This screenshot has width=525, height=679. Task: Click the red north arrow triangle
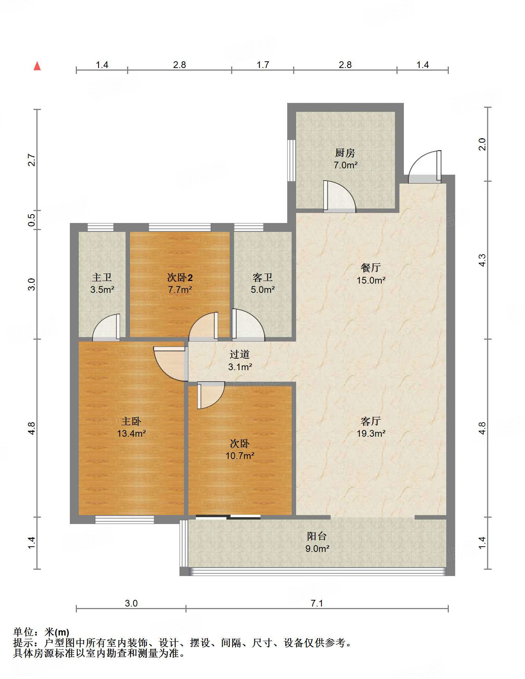coord(37,66)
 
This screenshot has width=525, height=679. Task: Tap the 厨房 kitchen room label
coord(345,153)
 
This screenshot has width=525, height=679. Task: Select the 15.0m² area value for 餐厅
coord(371,280)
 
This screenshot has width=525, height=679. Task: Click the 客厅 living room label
coord(370,421)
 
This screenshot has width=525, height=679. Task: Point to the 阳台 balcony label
coord(317,536)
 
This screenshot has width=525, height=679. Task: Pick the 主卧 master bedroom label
coord(131,421)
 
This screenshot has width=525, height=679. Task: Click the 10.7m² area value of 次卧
coord(240,456)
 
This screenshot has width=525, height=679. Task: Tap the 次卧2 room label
coord(180,277)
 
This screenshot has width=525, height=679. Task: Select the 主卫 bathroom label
coord(102,277)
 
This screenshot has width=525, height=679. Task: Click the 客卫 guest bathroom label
coord(262,277)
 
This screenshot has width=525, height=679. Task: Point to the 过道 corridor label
coord(240,354)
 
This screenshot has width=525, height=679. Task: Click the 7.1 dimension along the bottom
coord(317,603)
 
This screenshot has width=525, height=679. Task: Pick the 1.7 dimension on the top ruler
coord(263,65)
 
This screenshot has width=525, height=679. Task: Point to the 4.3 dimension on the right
coord(482,260)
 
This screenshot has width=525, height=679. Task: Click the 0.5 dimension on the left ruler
coord(32,218)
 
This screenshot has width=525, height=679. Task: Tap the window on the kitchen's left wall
coord(292,161)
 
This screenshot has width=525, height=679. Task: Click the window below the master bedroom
coord(124,520)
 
